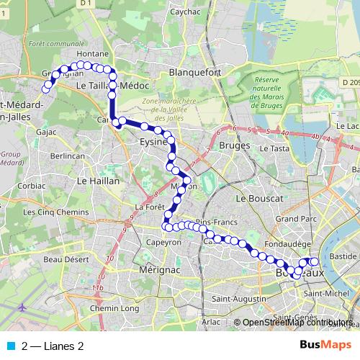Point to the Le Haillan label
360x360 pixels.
point(97,181)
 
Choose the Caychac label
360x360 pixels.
point(185,12)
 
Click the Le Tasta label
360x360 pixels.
point(275,148)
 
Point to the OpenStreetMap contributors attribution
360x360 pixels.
point(298,323)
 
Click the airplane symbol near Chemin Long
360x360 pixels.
point(24,307)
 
